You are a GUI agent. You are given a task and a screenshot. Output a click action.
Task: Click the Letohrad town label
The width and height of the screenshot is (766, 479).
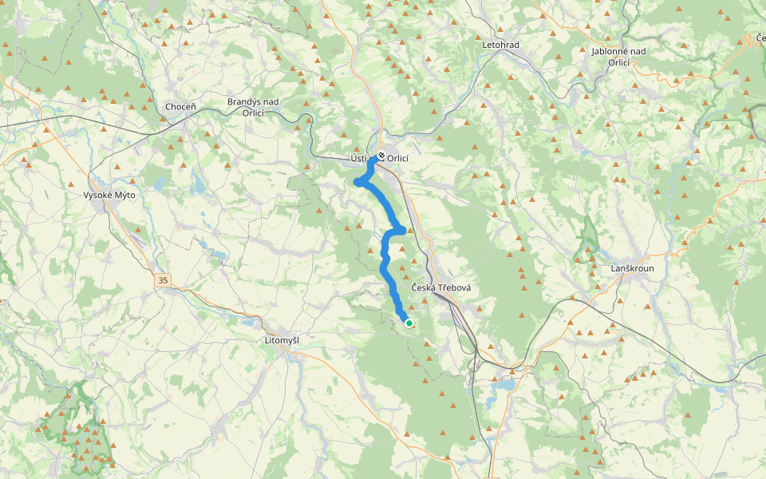[x=500, y=45]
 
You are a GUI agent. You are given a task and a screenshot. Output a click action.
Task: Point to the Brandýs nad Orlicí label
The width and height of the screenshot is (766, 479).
[x=253, y=107]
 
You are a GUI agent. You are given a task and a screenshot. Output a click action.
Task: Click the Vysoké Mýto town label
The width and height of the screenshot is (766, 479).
[x=111, y=195]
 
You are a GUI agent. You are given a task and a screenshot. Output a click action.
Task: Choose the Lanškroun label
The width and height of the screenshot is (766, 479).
[x=632, y=268]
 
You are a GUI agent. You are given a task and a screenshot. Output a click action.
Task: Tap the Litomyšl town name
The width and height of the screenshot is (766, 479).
[x=281, y=341]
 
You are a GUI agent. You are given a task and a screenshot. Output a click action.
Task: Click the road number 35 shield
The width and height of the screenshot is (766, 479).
[x=164, y=280]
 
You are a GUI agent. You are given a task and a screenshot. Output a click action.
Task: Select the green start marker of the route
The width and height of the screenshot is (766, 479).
[x=409, y=323]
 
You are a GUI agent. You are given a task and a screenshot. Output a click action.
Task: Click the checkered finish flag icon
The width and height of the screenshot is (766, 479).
[x=381, y=156]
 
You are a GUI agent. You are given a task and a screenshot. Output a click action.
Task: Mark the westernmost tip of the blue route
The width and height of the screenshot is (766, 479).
[x=356, y=184]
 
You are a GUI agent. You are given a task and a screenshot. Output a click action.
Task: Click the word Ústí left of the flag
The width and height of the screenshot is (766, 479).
[x=362, y=158]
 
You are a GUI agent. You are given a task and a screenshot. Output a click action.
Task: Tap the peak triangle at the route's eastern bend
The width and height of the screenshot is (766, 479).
[x=411, y=230]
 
